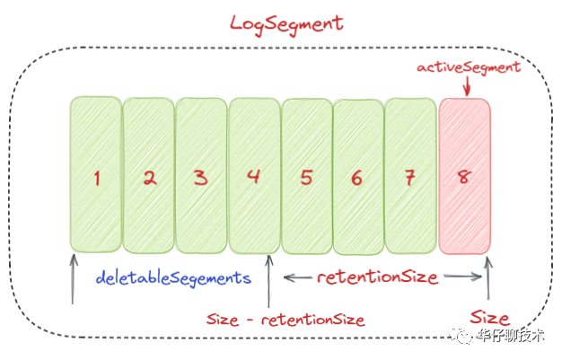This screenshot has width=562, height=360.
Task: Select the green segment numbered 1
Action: pyautogui.click(x=95, y=175)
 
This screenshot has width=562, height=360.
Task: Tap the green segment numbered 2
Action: pyautogui.click(x=148, y=175)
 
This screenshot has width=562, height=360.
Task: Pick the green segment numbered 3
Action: pyautogui.click(x=201, y=175)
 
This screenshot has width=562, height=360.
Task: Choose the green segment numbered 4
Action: pyautogui.click(x=253, y=175)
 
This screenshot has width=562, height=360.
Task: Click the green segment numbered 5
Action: pyautogui.click(x=306, y=175)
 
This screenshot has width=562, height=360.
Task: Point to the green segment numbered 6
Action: pyautogui.click(x=358, y=175)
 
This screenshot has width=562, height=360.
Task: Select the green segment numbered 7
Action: pyautogui.click(x=410, y=175)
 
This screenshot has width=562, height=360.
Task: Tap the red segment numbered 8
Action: pyautogui.click(x=464, y=175)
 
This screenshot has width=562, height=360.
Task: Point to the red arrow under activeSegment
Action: pyautogui.click(x=468, y=86)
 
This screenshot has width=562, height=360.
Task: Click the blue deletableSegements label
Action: pyautogui.click(x=174, y=278)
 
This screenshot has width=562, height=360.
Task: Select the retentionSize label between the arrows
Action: pyautogui.click(x=377, y=277)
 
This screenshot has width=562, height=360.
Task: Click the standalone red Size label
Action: pyautogui.click(x=490, y=318)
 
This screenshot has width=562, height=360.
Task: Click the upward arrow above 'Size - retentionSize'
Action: pyautogui.click(x=268, y=281)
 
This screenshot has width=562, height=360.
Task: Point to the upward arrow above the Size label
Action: pyautogui.click(x=488, y=278)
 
